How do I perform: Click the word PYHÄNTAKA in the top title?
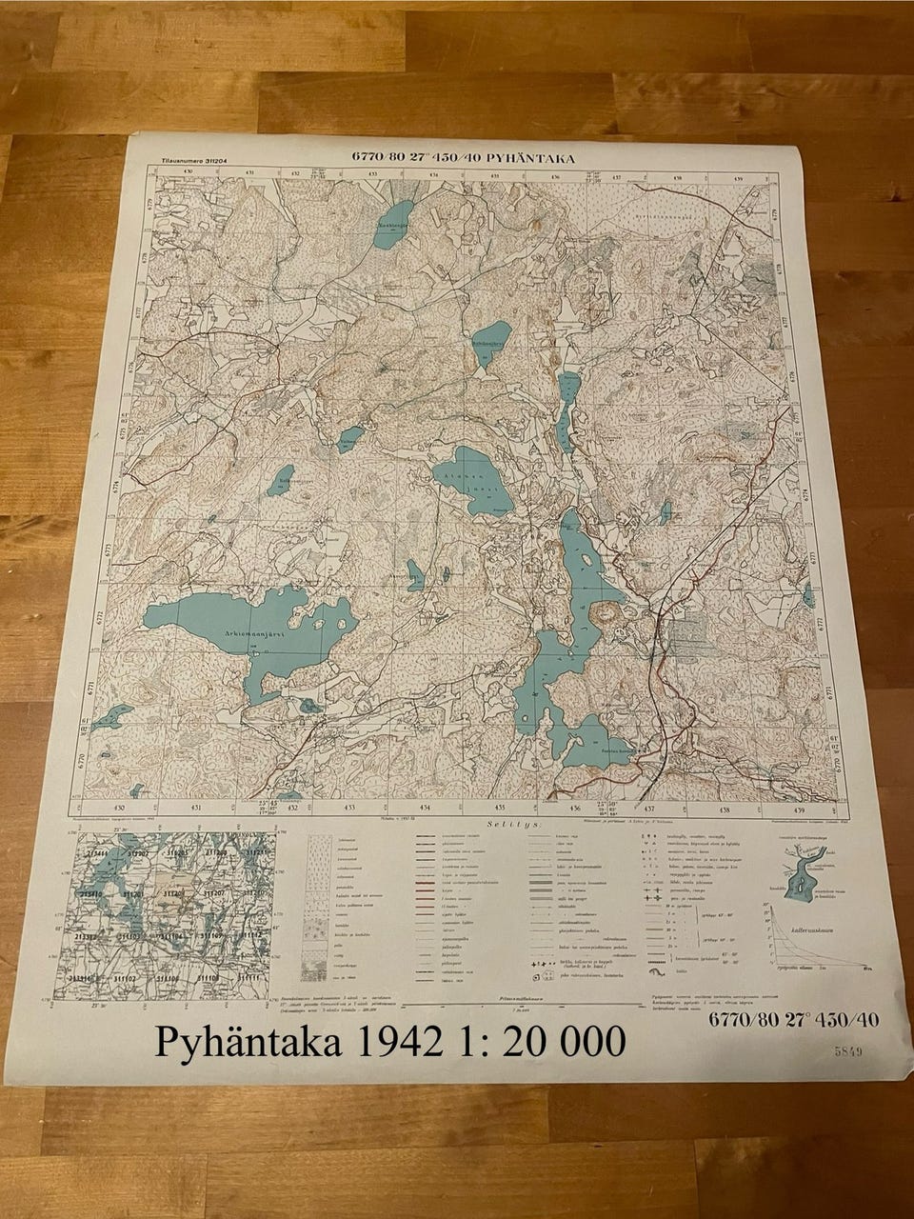click(532, 159)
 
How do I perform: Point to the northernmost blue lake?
click(392, 223)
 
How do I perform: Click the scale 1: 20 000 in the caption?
click(538, 1042)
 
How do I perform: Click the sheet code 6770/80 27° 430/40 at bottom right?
click(793, 1020)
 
